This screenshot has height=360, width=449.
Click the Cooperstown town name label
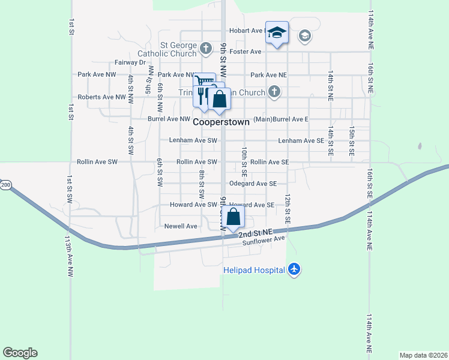tap(221, 121)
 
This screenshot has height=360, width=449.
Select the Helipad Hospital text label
tap(254, 270)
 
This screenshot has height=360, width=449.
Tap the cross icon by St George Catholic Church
tap(206, 47)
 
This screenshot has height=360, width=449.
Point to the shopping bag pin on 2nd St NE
tap(235, 218)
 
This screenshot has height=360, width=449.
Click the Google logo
tap(20, 353)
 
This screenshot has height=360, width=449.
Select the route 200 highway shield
tap(5, 185)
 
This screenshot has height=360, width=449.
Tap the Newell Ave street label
tap(181, 226)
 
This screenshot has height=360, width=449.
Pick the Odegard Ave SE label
tap(253, 184)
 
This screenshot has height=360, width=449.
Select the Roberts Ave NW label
tap(102, 97)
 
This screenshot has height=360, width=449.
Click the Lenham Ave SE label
tap(301, 140)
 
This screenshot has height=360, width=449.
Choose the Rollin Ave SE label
tap(270, 162)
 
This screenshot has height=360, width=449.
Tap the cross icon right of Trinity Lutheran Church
tap(274, 92)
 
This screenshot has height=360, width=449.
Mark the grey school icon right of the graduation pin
tap(304, 35)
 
